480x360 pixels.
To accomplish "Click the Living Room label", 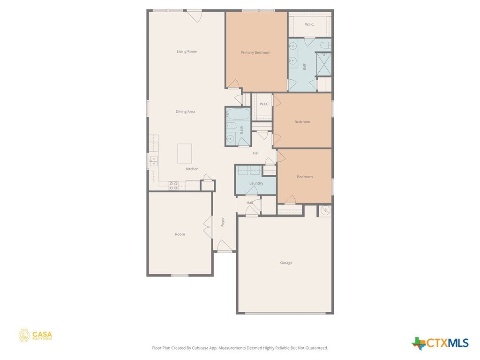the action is [187, 52].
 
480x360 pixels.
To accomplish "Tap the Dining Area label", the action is [185, 112].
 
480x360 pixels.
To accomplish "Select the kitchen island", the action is [185, 153].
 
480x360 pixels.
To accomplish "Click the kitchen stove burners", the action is [173, 186].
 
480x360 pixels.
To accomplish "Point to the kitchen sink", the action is [153, 161].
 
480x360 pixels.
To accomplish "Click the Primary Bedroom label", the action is [255, 52].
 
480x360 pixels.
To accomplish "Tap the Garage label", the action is [286, 262].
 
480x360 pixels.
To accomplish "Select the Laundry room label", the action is [256, 183].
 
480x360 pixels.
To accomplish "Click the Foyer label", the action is [223, 222].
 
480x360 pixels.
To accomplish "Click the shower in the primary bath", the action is [323, 64].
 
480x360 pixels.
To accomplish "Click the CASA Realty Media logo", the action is [35, 336].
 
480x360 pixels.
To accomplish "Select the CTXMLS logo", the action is [440, 343].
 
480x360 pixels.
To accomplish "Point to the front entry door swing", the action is [225, 245].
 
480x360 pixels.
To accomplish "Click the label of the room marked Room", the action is [180, 234].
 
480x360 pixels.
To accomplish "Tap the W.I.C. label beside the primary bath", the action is [309, 24].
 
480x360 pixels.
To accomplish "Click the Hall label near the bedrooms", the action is [256, 153].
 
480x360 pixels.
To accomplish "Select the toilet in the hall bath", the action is [232, 126].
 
